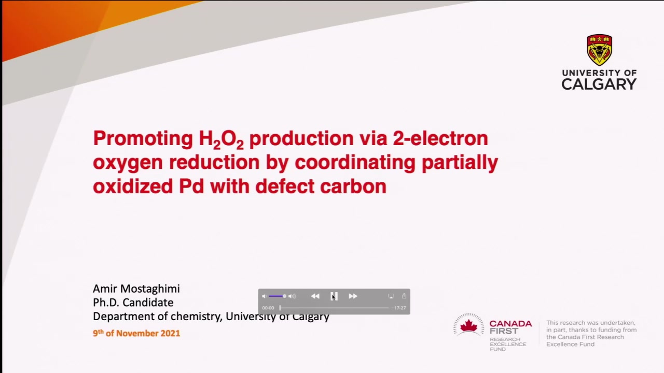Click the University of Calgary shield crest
click(x=599, y=50)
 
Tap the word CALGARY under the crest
click(x=599, y=84)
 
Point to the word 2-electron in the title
click(x=440, y=138)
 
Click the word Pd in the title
click(x=191, y=186)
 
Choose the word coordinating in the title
click(x=355, y=163)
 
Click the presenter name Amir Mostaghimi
click(x=136, y=289)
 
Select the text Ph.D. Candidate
click(x=133, y=303)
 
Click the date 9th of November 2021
click(x=136, y=333)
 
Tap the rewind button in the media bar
click(x=315, y=296)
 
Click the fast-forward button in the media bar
click(x=353, y=296)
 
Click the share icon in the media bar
click(x=404, y=296)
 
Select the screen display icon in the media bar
click(x=391, y=296)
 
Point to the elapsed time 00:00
click(x=268, y=308)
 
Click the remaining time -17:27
click(x=399, y=308)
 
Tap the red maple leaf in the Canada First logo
click(x=468, y=326)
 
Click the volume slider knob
click(x=284, y=296)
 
